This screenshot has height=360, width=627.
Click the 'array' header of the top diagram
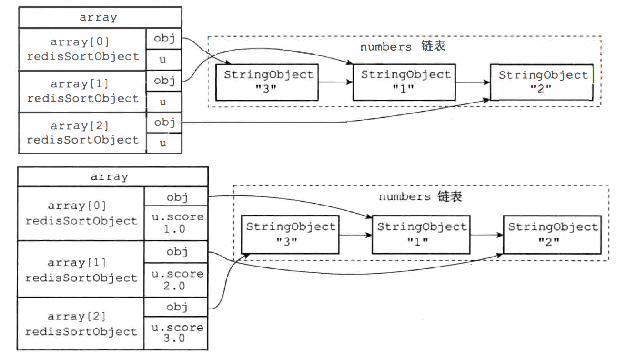100,18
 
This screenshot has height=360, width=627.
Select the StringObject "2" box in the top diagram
542,82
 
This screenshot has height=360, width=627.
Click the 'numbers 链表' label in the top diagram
403,47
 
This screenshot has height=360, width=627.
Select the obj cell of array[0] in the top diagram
164,39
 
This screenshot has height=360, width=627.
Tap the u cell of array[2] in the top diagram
164,143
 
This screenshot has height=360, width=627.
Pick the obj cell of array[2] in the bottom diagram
176,307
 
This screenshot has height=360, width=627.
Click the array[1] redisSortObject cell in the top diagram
82,91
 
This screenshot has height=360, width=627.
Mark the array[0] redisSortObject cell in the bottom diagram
81,213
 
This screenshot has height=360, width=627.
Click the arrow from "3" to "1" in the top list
335,82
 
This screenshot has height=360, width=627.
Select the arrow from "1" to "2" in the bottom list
486,235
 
